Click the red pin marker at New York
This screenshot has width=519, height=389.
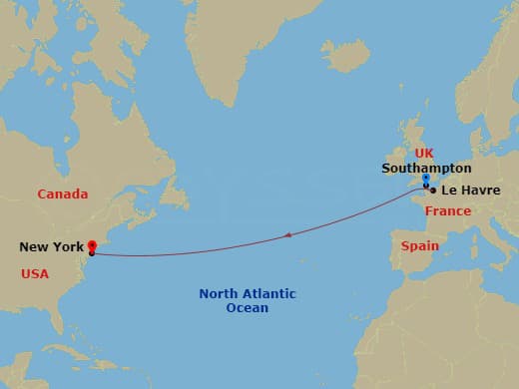click(x=91, y=246)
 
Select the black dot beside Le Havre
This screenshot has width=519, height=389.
click(x=432, y=190)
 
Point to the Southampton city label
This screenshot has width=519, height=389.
click(x=426, y=169)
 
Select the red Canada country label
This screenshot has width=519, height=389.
click(x=62, y=194)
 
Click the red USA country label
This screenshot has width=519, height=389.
click(x=35, y=272)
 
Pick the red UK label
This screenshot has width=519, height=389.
click(x=425, y=153)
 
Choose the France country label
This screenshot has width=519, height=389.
click(x=447, y=211)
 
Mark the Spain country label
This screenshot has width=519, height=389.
click(x=419, y=245)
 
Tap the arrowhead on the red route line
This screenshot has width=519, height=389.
click(x=287, y=235)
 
